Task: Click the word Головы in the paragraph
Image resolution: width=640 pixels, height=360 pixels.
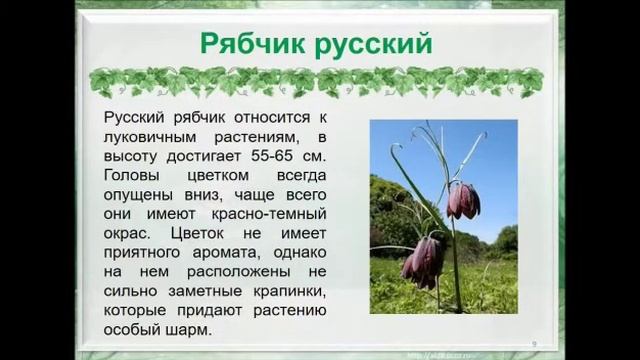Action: [x=132, y=176]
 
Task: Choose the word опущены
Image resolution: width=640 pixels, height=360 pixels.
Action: [x=140, y=196]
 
